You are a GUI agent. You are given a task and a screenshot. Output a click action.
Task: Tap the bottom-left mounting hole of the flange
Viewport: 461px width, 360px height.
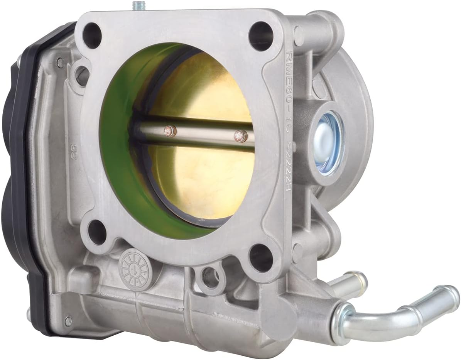(97, 233)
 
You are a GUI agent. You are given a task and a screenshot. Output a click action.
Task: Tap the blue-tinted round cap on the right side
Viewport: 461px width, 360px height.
(328, 143)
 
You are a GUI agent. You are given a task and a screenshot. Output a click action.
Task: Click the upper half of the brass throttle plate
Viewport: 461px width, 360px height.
(204, 93)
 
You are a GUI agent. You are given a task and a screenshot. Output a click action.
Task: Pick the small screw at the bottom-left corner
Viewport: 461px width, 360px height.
(69, 320)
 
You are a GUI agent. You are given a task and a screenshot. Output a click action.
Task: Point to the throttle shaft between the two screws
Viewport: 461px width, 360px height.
(204, 133)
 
